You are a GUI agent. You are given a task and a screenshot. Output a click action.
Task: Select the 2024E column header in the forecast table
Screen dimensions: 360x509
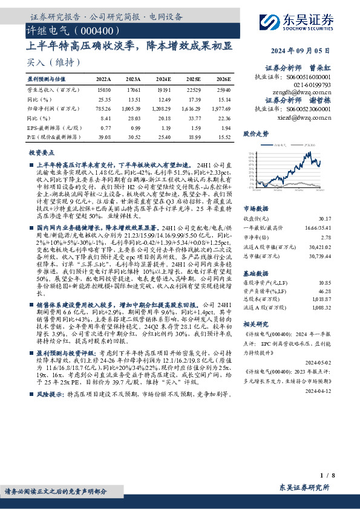point(163,79)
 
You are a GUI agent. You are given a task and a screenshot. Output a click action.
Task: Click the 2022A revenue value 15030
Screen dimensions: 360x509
point(104,88)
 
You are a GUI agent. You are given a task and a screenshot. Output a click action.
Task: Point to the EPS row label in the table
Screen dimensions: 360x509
point(52,128)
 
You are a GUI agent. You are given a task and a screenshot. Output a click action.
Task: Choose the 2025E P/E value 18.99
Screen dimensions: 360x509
point(194,137)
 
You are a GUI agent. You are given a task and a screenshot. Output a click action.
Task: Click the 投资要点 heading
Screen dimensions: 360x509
point(42,154)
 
